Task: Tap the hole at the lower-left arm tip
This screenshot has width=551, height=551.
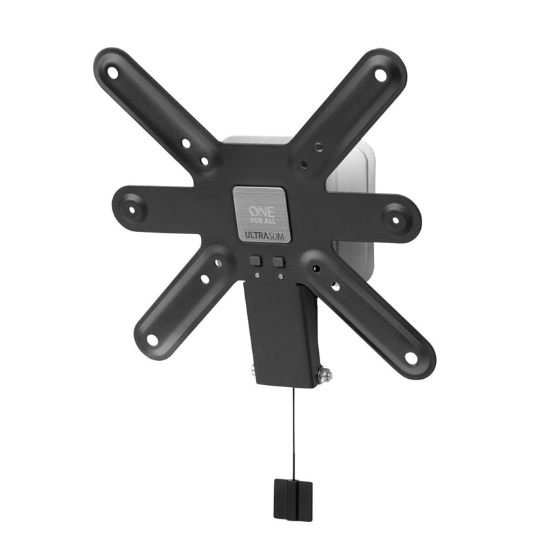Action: pyautogui.click(x=152, y=339)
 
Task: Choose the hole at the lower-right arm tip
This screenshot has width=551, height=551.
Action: pyautogui.click(x=411, y=358)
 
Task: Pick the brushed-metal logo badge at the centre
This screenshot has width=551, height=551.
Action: pyautogui.click(x=261, y=214)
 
